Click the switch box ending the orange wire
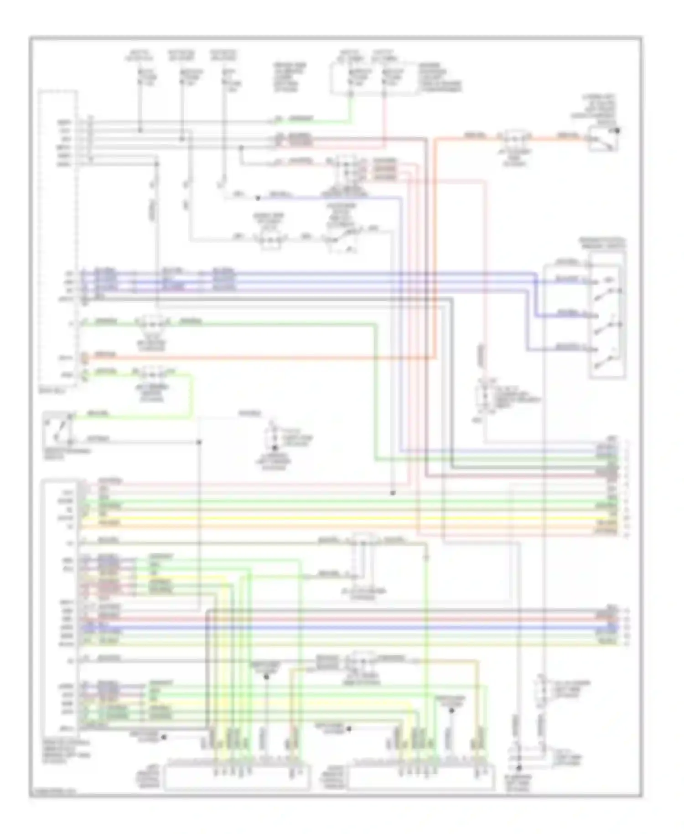tap(603, 140)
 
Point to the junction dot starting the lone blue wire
tap(258, 198)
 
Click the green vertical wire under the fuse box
tap(351, 109)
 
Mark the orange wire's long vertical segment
tap(435, 246)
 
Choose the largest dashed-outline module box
tap(58, 237)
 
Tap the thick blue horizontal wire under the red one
tap(347, 628)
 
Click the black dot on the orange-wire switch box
tap(618, 130)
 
